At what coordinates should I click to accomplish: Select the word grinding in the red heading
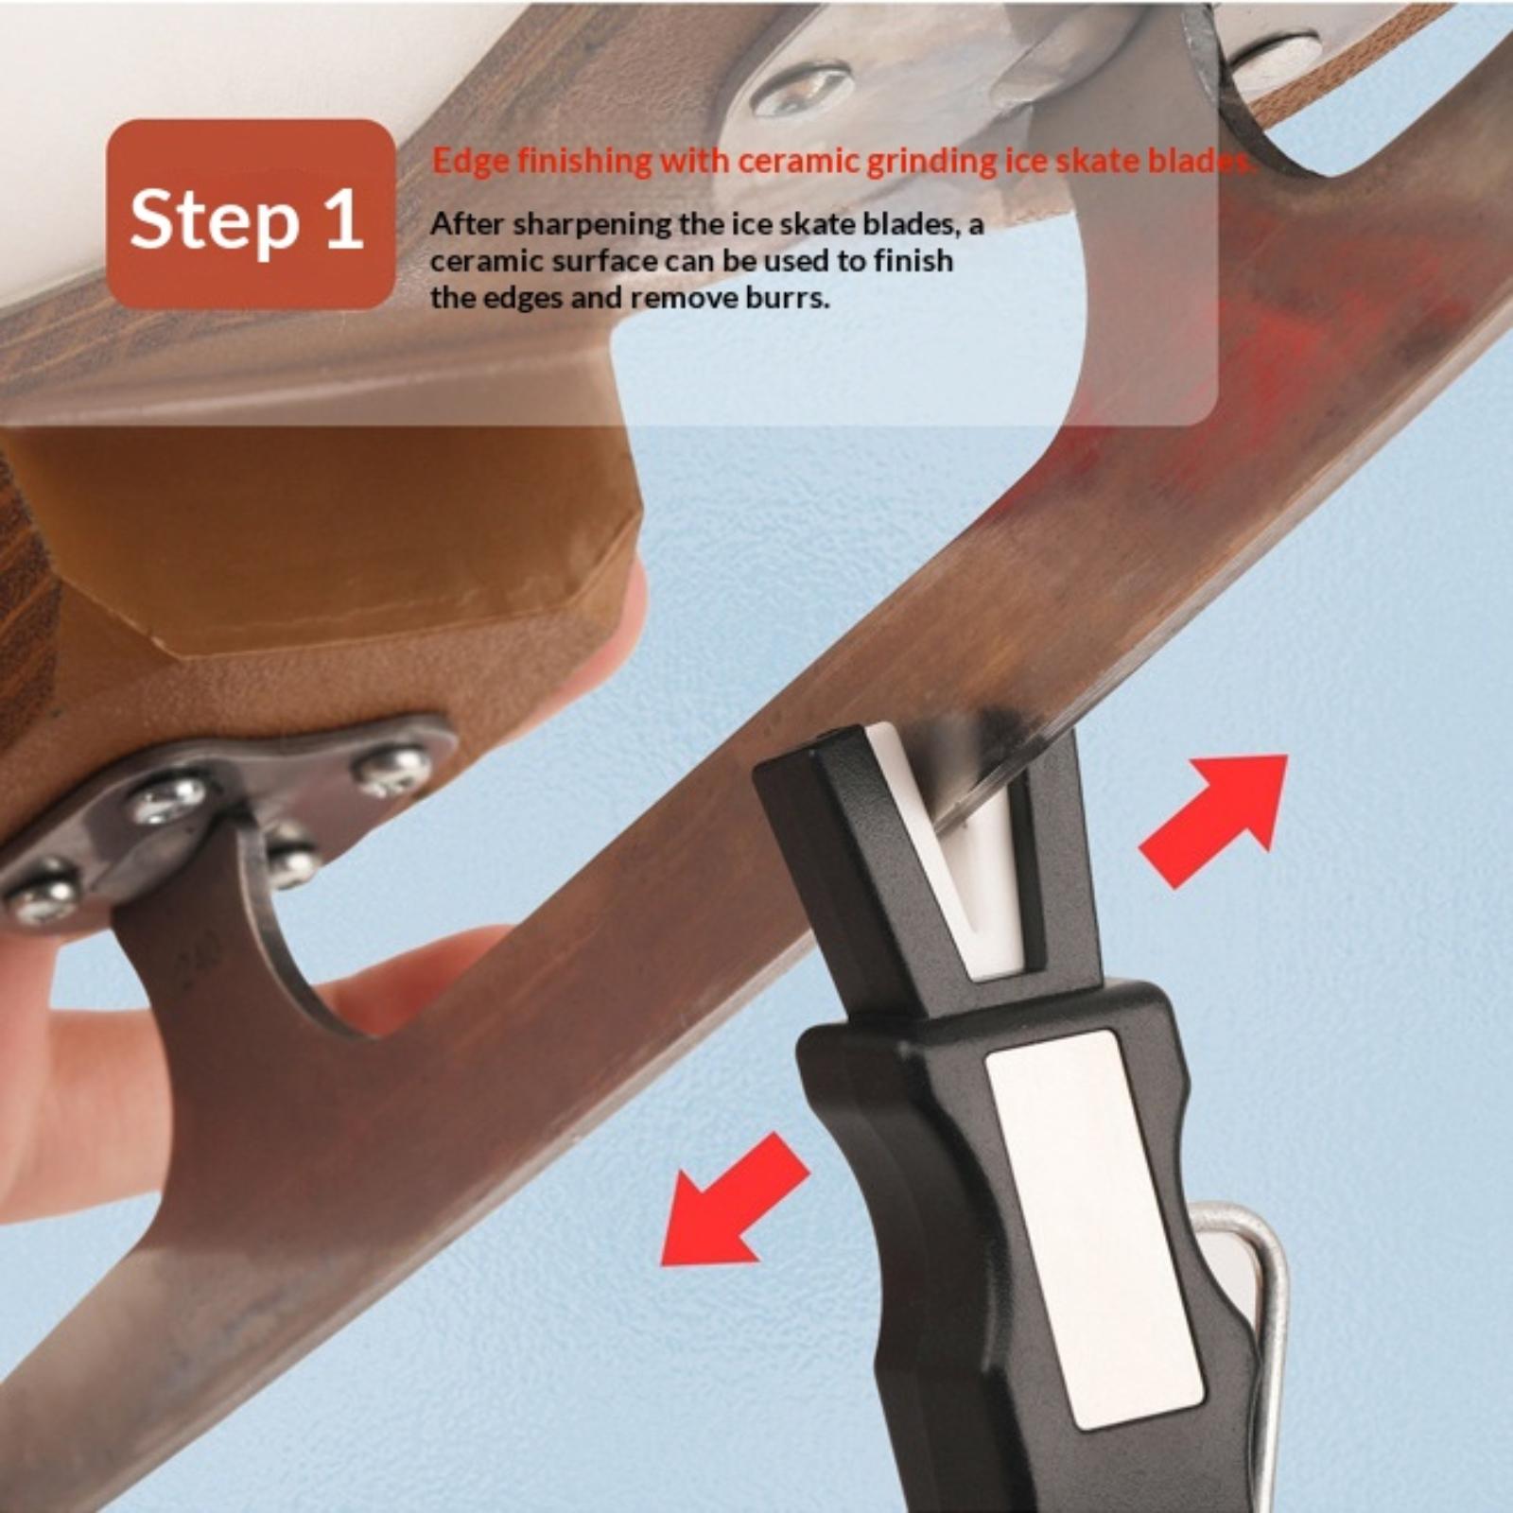(x=931, y=162)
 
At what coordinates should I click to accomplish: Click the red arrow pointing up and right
(x=1213, y=819)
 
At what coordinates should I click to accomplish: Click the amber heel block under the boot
(x=322, y=539)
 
